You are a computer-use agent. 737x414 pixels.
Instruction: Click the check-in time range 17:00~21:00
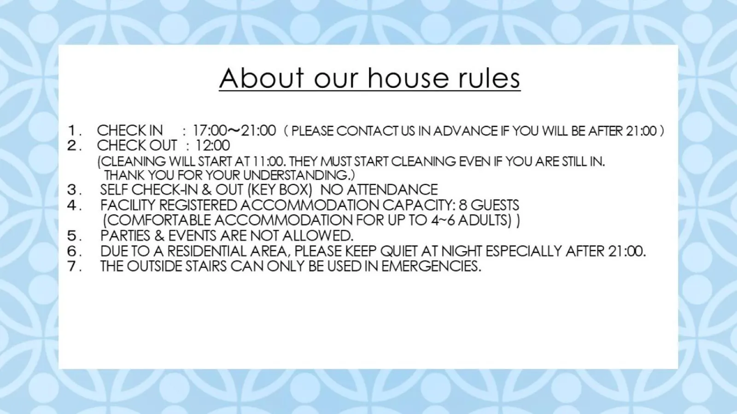(x=234, y=131)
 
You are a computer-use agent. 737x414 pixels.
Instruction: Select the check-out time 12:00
(x=212, y=146)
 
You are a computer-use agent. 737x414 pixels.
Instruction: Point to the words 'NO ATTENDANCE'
(x=379, y=190)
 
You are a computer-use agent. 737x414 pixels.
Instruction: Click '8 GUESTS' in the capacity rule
(x=489, y=205)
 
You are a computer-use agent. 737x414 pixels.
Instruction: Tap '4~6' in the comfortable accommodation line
(x=443, y=220)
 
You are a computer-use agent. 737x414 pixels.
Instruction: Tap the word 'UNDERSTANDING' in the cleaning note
(x=296, y=175)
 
